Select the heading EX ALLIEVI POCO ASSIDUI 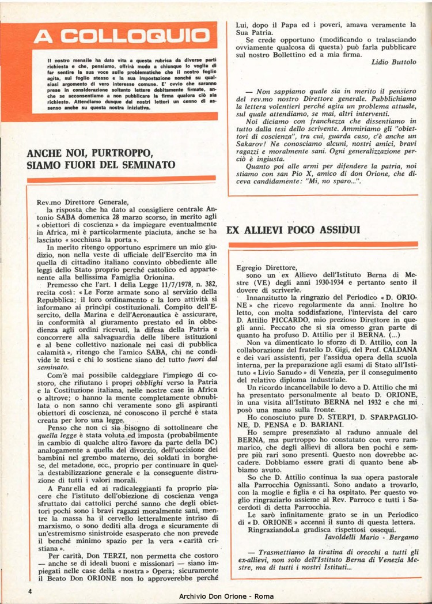point(293,229)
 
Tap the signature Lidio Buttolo point(394,61)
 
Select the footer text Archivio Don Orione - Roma point(226,597)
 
